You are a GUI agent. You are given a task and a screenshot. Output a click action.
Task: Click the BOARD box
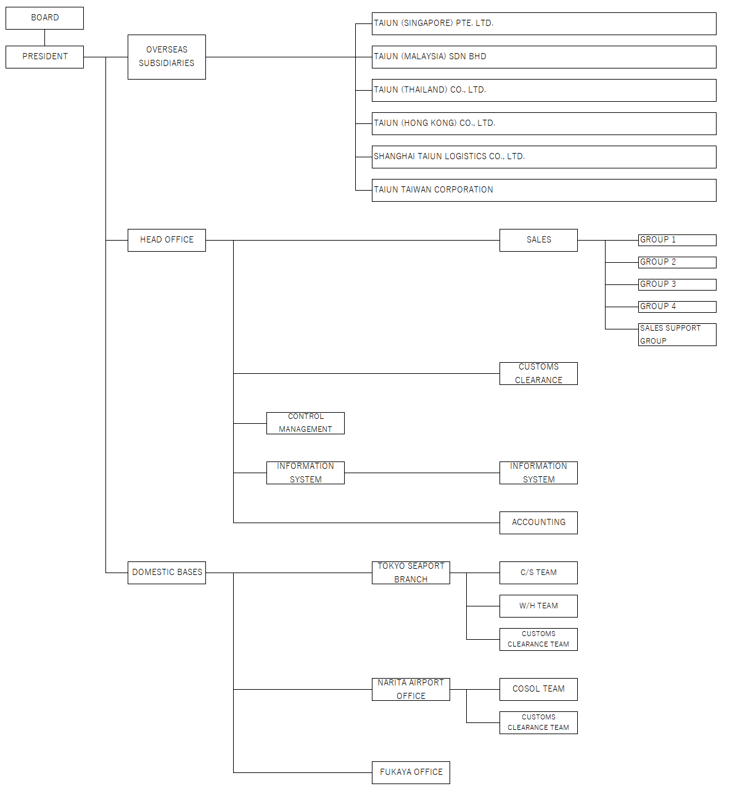tap(44, 18)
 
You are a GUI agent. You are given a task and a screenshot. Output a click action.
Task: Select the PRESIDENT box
tap(44, 57)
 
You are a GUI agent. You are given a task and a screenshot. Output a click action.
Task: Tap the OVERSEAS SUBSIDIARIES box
tap(166, 57)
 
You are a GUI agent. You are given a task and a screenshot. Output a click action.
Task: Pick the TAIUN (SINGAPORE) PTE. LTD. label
tap(433, 23)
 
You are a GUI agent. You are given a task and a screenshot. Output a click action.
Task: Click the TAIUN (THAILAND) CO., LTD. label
tap(429, 89)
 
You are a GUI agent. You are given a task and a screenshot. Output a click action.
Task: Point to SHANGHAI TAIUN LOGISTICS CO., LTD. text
tap(448, 156)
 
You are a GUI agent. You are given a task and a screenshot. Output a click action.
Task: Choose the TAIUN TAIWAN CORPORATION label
tap(433, 189)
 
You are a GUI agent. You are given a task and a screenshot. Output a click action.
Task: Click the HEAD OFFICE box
tap(166, 240)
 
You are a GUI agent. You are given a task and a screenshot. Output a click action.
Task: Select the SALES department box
tap(538, 240)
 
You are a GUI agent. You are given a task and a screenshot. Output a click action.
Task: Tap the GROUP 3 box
tap(676, 284)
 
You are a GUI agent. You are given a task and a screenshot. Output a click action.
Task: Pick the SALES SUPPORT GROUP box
tap(676, 334)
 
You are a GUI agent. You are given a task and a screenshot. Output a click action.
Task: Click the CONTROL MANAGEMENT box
tap(305, 423)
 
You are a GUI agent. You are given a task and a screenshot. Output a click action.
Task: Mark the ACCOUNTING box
tap(538, 522)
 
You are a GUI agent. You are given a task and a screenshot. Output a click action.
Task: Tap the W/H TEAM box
tap(538, 605)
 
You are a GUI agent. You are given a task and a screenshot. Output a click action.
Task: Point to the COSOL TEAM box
tap(538, 689)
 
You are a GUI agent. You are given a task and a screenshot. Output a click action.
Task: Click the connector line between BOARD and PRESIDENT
tap(44, 38)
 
